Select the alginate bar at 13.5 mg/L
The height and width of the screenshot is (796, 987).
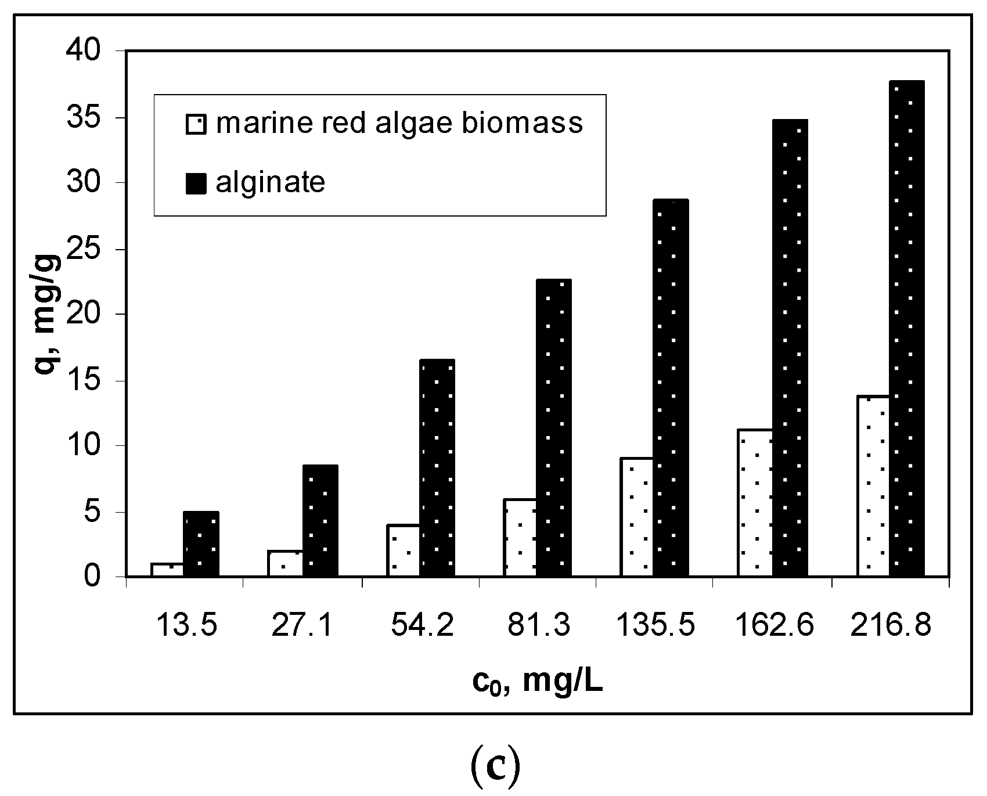tap(201, 544)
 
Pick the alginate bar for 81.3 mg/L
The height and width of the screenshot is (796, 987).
tap(553, 428)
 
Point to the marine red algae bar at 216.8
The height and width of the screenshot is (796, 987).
tap(873, 486)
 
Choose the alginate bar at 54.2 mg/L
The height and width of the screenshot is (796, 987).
tap(437, 468)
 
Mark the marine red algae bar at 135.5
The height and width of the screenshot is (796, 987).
tap(637, 517)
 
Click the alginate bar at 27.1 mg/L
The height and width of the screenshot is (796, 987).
tap(320, 521)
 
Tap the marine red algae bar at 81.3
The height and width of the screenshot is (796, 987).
tap(520, 538)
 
